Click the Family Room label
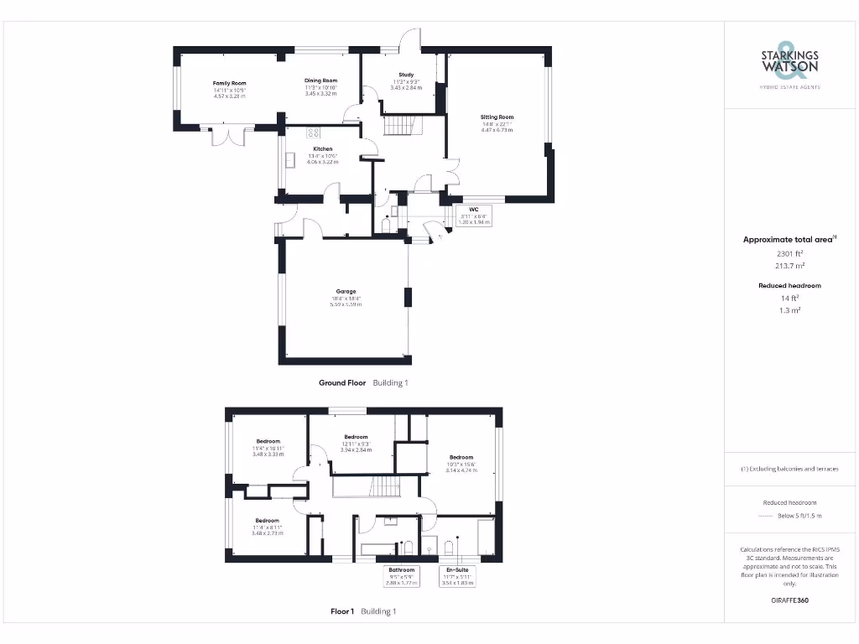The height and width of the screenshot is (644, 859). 229,84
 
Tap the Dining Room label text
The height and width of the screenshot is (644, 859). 320,80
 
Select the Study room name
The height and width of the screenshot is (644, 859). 406,75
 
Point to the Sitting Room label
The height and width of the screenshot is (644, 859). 497,117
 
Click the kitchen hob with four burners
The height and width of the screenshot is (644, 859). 315,132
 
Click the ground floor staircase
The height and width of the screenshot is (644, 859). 403,126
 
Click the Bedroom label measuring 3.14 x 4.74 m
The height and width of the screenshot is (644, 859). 461,458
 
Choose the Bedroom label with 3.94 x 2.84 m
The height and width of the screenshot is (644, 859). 356,437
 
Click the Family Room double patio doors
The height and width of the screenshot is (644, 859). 228,136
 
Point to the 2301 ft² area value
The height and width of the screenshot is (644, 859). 789,252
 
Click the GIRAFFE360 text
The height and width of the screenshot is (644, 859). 789,600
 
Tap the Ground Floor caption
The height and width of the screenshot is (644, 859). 342,382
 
